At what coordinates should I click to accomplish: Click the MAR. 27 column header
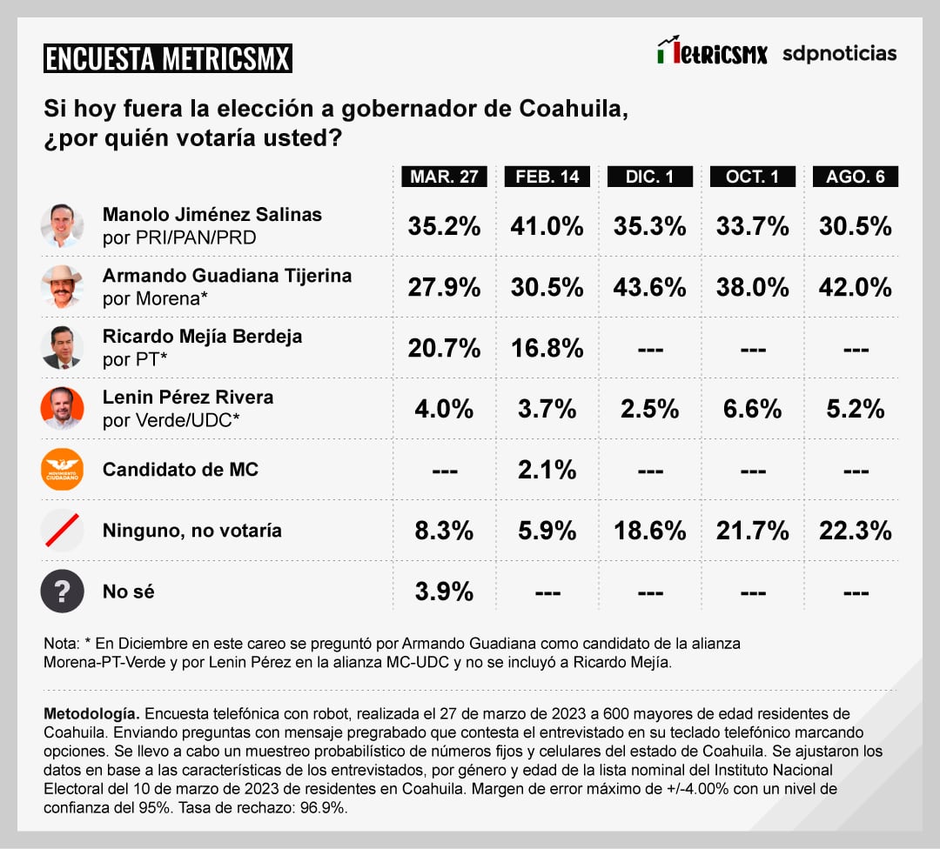tap(444, 177)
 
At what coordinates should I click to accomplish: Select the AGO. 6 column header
tap(855, 177)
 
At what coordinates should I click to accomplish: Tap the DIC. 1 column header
tap(649, 177)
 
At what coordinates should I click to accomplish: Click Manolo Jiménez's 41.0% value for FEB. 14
tap(547, 226)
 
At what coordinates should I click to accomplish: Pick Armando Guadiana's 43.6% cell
tap(649, 287)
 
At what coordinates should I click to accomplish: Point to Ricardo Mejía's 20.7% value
tap(444, 348)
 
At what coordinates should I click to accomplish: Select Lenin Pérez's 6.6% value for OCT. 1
tap(752, 409)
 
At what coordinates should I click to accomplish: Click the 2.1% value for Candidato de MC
tap(547, 470)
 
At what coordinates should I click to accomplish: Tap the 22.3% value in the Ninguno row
tap(855, 531)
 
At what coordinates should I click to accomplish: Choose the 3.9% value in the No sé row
tap(444, 592)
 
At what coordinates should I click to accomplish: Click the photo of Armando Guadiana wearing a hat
tap(63, 286)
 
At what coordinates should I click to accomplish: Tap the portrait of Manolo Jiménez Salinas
tap(63, 225)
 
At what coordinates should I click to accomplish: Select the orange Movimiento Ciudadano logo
tap(63, 470)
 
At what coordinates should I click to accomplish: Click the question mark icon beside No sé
tap(63, 592)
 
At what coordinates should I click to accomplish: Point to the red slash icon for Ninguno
tap(63, 531)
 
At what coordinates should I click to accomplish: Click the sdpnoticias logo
tap(839, 53)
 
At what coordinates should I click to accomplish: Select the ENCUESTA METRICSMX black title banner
tap(168, 58)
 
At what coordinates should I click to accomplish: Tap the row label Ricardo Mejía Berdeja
tap(202, 337)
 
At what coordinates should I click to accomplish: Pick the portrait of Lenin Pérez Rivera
tap(63, 408)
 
